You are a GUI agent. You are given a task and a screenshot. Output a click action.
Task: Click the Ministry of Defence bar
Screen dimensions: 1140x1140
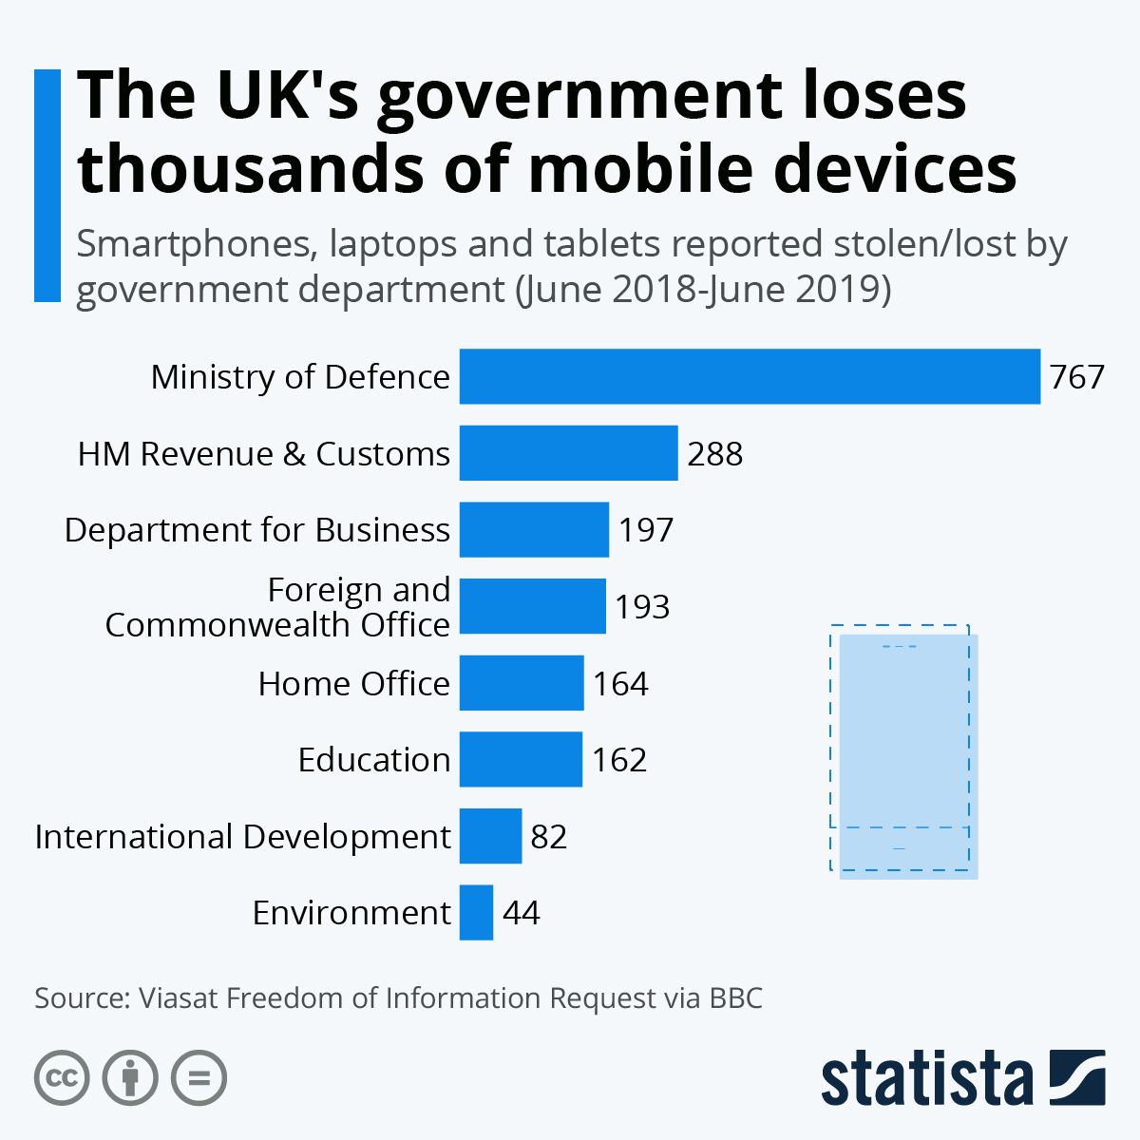[750, 376]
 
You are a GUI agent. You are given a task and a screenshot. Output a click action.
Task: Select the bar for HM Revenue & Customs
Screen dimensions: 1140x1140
[568, 453]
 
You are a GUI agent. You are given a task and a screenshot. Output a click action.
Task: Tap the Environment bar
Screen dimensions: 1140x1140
[476, 912]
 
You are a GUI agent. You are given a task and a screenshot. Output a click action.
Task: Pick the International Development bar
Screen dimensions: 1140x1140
[490, 836]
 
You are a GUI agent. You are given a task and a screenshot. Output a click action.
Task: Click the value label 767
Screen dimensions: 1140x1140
[1076, 377]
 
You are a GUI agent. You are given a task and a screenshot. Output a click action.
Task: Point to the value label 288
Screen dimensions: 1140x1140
[714, 454]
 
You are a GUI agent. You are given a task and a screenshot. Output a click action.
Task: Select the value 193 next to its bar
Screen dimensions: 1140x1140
[642, 607]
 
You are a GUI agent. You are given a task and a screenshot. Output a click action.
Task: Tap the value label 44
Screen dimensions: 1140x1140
[521, 913]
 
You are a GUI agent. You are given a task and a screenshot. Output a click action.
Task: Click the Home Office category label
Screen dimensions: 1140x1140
[353, 684]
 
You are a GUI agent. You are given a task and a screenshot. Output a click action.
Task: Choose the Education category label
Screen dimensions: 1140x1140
[373, 760]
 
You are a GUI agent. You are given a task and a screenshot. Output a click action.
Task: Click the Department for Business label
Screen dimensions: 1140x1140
[256, 530]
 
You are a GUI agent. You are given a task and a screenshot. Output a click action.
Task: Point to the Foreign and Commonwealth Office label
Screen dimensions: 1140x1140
[277, 607]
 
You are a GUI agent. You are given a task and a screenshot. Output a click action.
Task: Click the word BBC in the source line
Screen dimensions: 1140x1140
[735, 998]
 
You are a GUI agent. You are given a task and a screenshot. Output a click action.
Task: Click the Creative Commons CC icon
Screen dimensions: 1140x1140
[62, 1078]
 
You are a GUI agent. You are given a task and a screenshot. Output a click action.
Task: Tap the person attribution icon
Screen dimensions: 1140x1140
[130, 1078]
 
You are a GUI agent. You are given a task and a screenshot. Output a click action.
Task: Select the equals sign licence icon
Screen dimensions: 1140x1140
[199, 1078]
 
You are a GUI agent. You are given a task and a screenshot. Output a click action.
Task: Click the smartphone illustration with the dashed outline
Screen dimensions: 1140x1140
[903, 750]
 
